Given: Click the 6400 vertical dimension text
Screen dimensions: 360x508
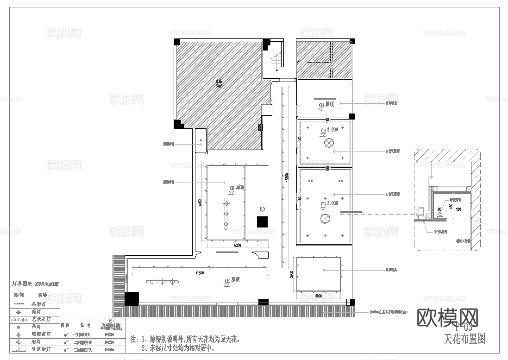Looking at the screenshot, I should (200, 203).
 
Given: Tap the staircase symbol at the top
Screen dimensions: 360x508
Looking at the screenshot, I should (276, 61).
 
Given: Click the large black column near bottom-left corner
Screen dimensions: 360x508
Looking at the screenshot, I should (132, 298).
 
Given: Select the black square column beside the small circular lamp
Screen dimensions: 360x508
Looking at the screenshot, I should (263, 221).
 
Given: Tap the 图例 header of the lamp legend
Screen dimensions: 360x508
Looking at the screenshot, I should (19, 295).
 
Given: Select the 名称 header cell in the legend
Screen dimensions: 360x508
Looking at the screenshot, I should (42, 295).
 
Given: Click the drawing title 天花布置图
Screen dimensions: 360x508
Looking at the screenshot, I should (464, 339).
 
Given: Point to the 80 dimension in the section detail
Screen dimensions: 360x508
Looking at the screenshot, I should (439, 209).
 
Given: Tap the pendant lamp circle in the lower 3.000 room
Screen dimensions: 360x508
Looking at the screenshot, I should (325, 219).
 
